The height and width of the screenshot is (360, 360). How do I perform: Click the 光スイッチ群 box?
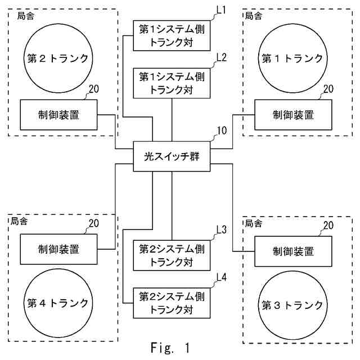[x=172, y=156]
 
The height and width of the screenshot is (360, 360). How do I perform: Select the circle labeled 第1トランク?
[x=292, y=58]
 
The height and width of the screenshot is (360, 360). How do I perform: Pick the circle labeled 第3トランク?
[x=292, y=305]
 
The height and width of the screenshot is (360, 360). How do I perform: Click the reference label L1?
[x=221, y=11]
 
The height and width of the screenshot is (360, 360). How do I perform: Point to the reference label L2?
[x=221, y=58]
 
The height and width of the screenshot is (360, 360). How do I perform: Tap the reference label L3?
[x=221, y=229]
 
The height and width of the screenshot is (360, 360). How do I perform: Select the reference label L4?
[x=221, y=277]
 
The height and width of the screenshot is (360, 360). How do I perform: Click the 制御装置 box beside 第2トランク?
[x=58, y=115]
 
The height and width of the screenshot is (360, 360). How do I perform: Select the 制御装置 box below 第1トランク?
[x=292, y=115]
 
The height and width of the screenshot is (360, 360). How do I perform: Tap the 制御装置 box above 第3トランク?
[x=292, y=251]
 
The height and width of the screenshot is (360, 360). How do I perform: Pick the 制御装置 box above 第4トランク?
[x=58, y=248]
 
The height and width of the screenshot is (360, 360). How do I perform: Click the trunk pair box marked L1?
[x=172, y=35]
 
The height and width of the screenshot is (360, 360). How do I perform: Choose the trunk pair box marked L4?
[x=172, y=303]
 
